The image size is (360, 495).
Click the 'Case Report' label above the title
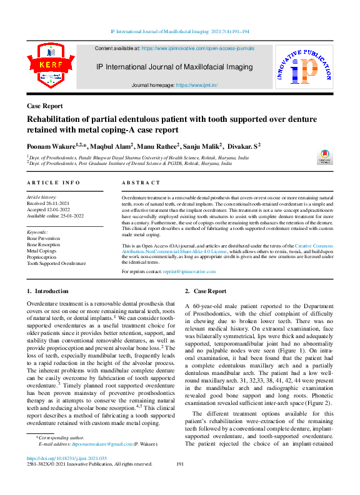point(44,106)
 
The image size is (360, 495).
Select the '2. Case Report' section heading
point(206,291)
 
